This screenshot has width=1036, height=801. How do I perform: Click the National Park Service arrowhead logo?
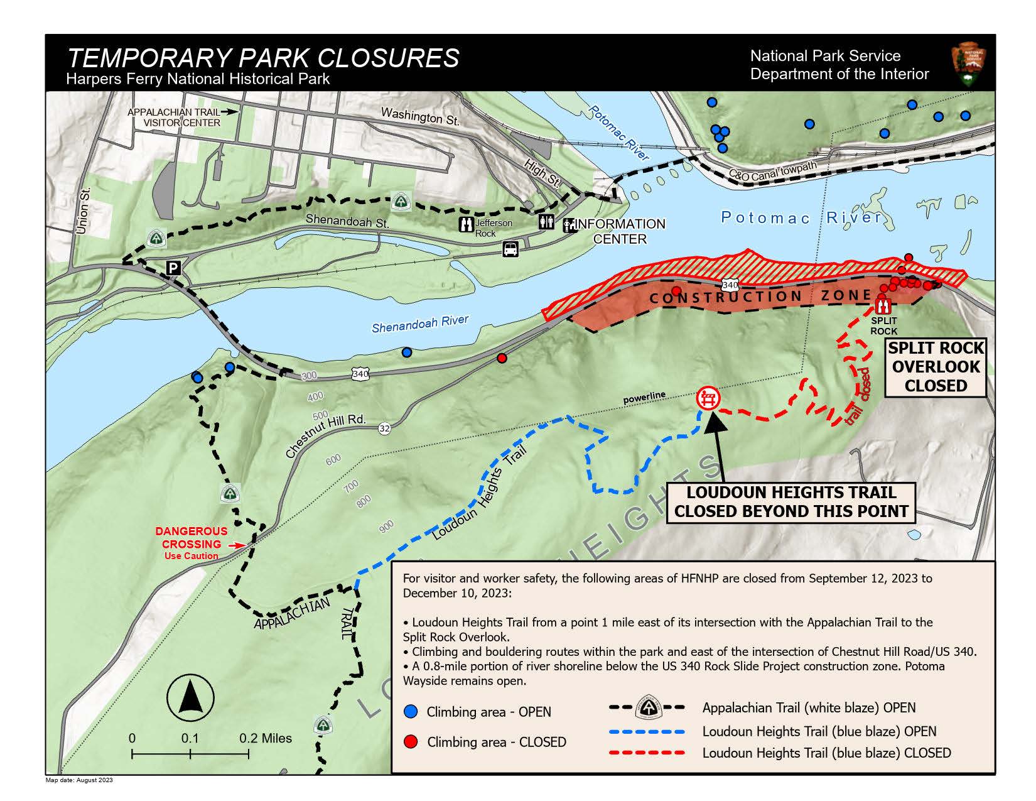pyautogui.click(x=969, y=65)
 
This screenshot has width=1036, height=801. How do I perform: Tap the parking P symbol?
pyautogui.click(x=173, y=269)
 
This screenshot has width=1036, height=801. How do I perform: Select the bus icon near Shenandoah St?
pyautogui.click(x=510, y=249)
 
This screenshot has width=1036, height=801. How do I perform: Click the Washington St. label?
pyautogui.click(x=420, y=116)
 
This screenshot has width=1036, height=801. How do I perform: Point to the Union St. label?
pyautogui.click(x=84, y=210)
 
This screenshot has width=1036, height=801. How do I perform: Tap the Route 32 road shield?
pyautogui.click(x=384, y=428)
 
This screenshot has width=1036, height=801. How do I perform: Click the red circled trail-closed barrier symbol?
pyautogui.click(x=709, y=398)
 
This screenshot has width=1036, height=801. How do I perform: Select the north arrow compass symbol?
pyautogui.click(x=190, y=698)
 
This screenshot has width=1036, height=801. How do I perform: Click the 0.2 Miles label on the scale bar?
pyautogui.click(x=265, y=738)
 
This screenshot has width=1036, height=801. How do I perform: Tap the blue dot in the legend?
pyautogui.click(x=411, y=712)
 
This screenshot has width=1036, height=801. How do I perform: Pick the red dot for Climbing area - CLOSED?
pyautogui.click(x=411, y=742)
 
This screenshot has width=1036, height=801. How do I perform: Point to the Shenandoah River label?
pyautogui.click(x=419, y=324)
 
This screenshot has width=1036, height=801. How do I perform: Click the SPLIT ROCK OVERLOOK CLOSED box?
pyautogui.click(x=935, y=367)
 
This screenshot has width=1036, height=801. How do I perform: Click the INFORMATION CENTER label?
pyautogui.click(x=620, y=231)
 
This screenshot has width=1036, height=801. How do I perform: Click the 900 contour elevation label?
pyautogui.click(x=386, y=526)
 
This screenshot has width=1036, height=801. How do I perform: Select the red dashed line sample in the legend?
pyautogui.click(x=646, y=753)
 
